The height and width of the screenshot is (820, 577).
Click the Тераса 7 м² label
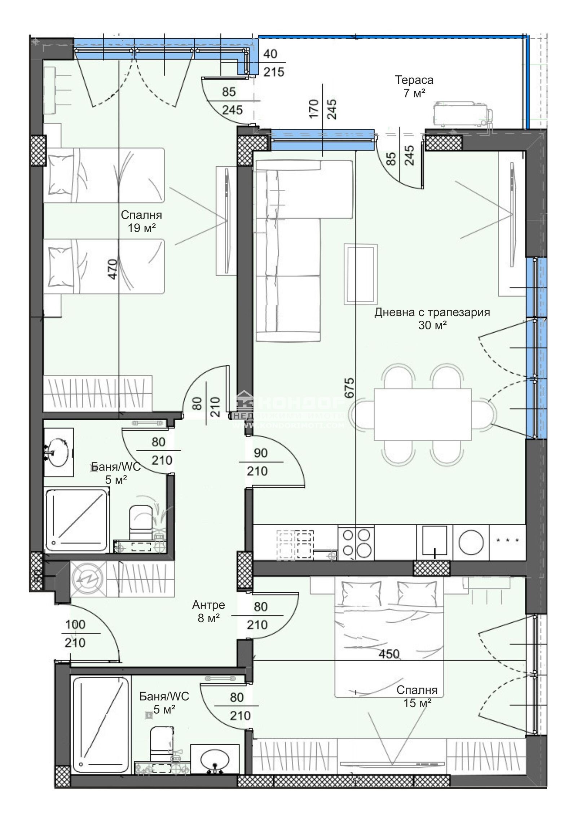(x=414, y=87)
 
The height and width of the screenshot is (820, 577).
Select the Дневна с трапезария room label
(x=432, y=312)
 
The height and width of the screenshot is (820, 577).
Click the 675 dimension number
(x=349, y=387)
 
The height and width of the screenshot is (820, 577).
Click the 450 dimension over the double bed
(x=389, y=654)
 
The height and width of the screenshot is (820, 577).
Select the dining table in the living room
(x=422, y=415)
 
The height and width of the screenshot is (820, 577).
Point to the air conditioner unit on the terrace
(x=462, y=114)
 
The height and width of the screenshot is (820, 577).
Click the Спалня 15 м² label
(x=417, y=696)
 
